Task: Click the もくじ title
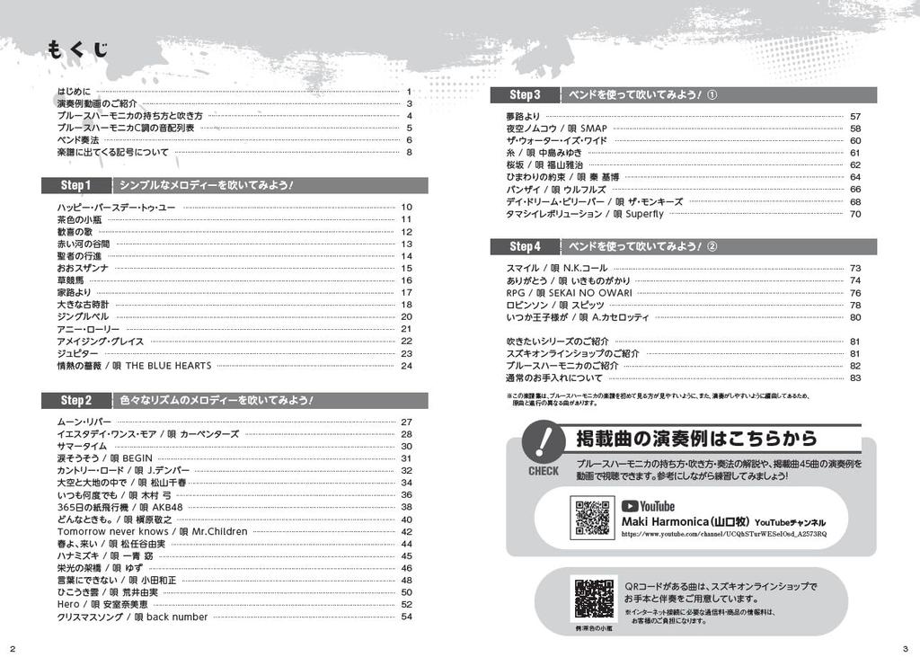coord(78,49)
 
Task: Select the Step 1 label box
coord(76,186)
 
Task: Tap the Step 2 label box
coord(76,400)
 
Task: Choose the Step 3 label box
coord(525,95)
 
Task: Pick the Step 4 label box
coord(525,246)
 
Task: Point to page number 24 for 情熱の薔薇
coord(406,366)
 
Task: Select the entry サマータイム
coord(82,446)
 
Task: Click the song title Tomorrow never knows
coord(112,531)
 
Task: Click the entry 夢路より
coord(523,116)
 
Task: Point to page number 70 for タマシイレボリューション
coord(854,214)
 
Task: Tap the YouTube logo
coord(648,506)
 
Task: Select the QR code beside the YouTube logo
coord(592,517)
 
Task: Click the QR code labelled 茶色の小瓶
coord(594,597)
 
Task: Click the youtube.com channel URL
coord(723,534)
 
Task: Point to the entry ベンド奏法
coord(78,140)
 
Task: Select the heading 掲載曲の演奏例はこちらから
coord(696,440)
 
